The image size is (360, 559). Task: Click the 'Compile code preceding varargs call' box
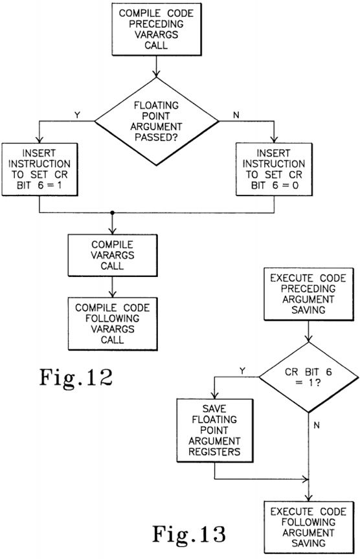[x=157, y=29]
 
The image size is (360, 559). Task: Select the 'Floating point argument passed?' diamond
[x=156, y=121]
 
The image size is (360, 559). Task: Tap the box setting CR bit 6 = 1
[x=39, y=170]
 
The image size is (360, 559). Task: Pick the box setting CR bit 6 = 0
[x=274, y=170]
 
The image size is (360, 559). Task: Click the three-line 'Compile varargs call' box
[x=113, y=256]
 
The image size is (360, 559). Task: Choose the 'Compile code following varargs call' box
[x=113, y=323]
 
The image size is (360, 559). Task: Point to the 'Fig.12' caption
[x=76, y=377]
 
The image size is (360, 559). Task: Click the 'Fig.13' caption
[x=189, y=534]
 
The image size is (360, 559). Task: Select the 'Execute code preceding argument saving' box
[x=309, y=294]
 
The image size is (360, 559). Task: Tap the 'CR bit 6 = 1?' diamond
[x=309, y=377]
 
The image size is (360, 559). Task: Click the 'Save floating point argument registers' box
[x=215, y=430]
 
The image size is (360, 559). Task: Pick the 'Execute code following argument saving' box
[x=309, y=528]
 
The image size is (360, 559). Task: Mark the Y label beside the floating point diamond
[x=77, y=115]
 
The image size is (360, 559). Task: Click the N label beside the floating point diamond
[x=236, y=115]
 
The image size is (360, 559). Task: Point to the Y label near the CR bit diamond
[x=242, y=371]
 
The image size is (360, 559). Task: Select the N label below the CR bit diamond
[x=317, y=425]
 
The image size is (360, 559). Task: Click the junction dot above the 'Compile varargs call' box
[x=113, y=213]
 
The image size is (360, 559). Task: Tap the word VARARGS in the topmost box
[x=156, y=34]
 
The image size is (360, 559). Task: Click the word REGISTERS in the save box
[x=215, y=452]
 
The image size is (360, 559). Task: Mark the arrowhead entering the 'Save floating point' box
[x=215, y=395]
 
